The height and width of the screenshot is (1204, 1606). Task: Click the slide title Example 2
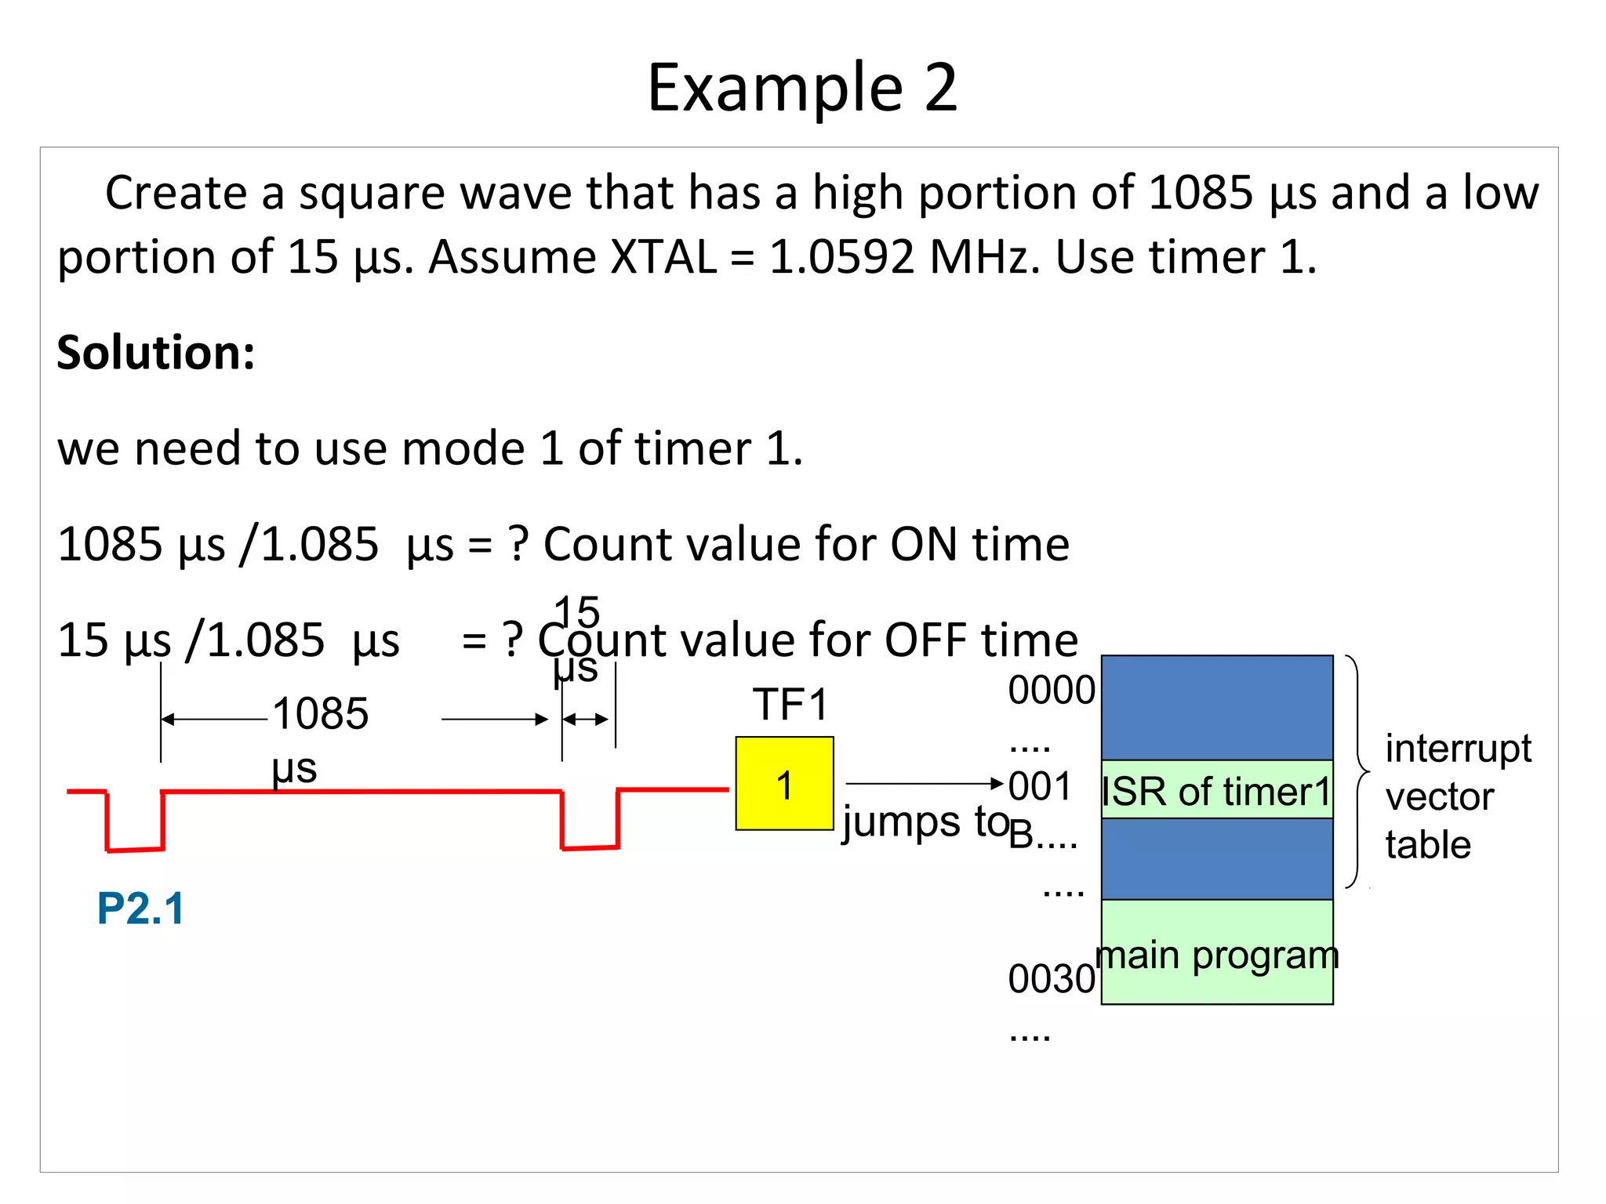click(802, 88)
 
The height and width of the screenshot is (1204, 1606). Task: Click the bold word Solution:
click(156, 353)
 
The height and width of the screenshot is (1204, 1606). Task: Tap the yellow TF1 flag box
click(783, 783)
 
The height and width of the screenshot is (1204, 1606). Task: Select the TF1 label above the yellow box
click(790, 704)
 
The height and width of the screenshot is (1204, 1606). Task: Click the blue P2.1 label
click(140, 908)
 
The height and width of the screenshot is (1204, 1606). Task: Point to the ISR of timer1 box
click(1216, 790)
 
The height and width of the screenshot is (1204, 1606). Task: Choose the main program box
click(1216, 953)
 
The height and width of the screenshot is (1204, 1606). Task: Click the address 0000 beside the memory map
click(1051, 691)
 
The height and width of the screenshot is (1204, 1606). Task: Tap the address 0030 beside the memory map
click(1051, 979)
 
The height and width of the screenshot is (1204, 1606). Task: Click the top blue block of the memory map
click(1216, 707)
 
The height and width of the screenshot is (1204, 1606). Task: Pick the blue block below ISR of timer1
click(1216, 858)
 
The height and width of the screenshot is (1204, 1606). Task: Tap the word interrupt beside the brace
click(1458, 749)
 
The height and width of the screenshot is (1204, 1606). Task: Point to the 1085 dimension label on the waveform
click(320, 714)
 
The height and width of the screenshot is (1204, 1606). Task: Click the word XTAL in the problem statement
click(663, 257)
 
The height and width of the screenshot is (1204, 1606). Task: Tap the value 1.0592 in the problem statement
click(841, 257)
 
